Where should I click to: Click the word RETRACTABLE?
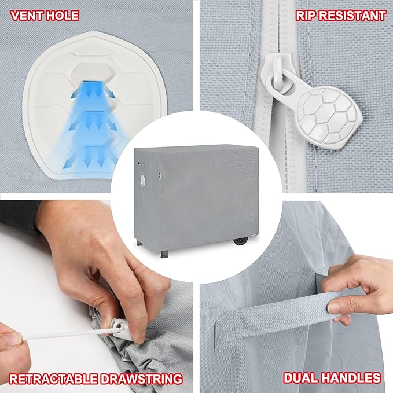click(52, 379)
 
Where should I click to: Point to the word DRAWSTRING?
click(139, 379)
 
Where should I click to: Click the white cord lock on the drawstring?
click(122, 328)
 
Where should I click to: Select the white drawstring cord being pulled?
click(68, 335)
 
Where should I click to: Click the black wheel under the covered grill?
click(241, 242)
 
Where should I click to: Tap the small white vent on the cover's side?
click(142, 180)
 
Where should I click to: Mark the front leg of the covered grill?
click(164, 254)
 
